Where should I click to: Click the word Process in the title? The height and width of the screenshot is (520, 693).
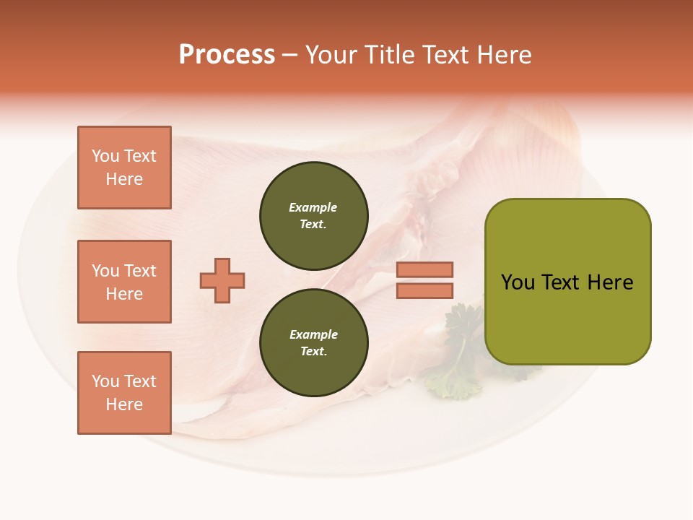point(227,55)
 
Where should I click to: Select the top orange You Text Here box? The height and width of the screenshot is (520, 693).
point(124,168)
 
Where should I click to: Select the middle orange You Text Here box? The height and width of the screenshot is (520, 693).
point(124,282)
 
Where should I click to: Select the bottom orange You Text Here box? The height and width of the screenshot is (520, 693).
point(124,393)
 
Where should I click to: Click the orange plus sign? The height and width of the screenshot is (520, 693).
point(222,280)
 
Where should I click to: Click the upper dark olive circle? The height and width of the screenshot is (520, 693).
point(314,216)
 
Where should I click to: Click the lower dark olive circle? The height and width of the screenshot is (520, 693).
point(314,343)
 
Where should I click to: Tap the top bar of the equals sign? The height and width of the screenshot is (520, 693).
point(424,270)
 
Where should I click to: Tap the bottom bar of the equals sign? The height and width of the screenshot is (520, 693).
point(424,290)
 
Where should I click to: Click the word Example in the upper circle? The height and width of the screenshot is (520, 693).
point(313,208)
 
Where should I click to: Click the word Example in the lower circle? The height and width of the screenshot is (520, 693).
point(313,335)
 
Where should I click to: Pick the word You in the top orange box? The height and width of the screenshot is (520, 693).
point(105,156)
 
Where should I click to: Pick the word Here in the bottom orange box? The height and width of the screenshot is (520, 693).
point(124,404)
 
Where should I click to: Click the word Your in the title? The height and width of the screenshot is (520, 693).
point(332,55)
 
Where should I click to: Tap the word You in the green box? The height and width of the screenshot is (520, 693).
point(518,282)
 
